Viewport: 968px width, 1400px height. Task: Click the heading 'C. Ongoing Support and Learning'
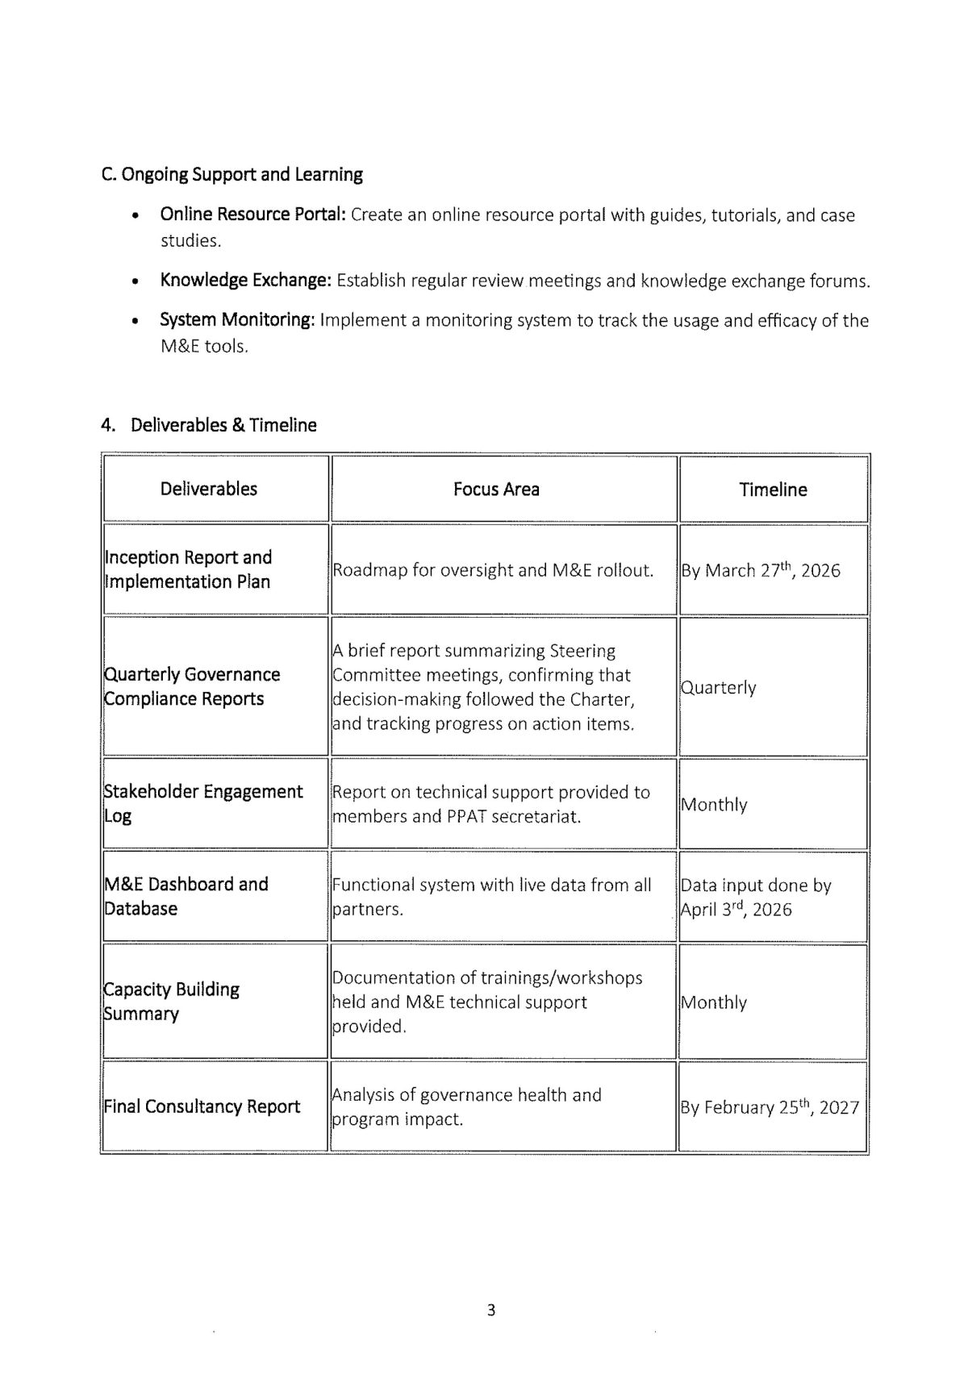232,174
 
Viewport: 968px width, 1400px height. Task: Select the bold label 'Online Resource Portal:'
252,215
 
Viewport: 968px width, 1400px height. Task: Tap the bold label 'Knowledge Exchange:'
245,280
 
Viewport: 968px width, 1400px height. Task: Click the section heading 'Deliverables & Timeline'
223,425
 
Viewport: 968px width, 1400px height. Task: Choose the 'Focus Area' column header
496,489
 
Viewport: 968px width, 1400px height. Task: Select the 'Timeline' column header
773,490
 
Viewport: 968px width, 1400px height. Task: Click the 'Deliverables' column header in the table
208,489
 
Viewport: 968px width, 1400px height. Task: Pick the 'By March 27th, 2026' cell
761,570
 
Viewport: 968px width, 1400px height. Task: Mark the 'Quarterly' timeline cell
719,688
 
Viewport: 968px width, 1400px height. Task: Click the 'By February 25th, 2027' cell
770,1107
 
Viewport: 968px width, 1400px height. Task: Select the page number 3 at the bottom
491,1310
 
